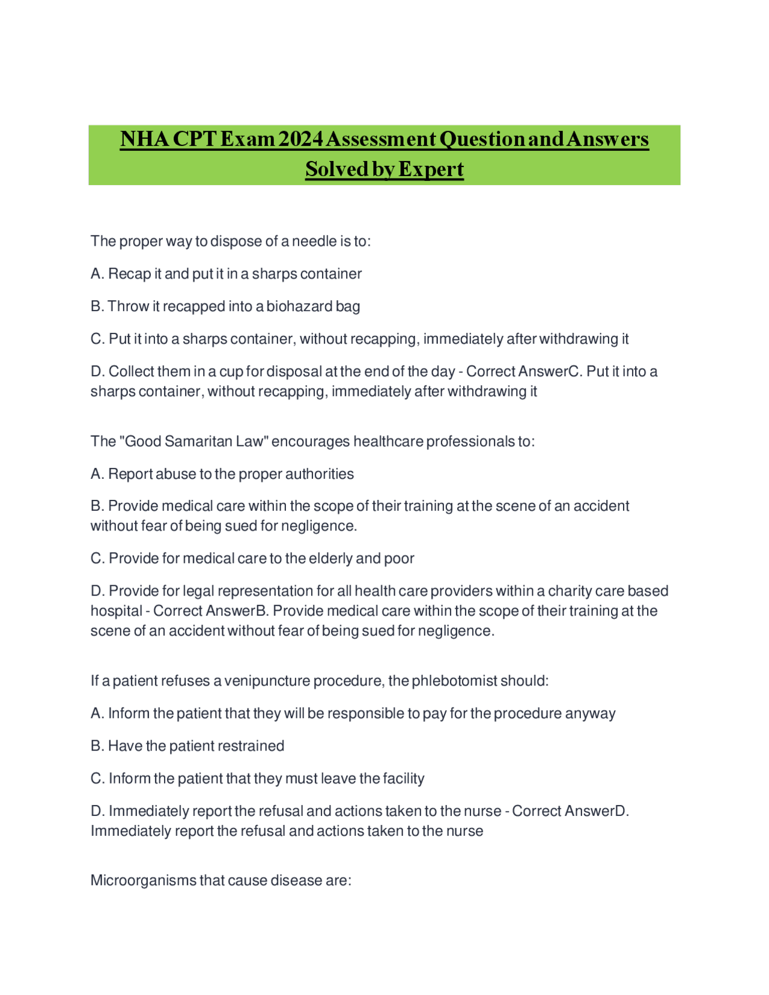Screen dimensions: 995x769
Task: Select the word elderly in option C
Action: click(x=331, y=559)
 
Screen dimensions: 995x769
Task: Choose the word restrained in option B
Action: click(x=251, y=746)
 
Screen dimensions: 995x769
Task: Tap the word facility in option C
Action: click(x=403, y=779)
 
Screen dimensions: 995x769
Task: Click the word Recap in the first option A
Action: click(x=129, y=274)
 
